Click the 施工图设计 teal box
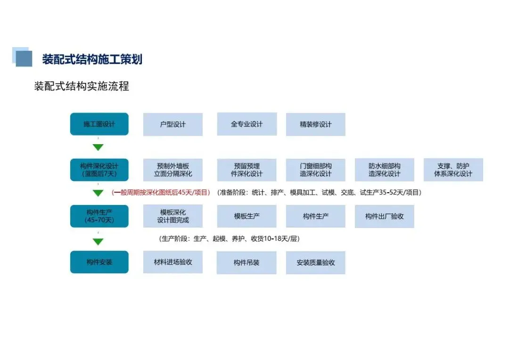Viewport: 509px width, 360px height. pos(99,124)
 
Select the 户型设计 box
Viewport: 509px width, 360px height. pos(173,124)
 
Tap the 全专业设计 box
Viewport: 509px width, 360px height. pos(246,124)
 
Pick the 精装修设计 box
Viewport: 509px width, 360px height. pos(315,124)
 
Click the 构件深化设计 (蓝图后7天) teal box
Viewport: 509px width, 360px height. pos(99,170)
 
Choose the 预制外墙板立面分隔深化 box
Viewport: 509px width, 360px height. pos(173,170)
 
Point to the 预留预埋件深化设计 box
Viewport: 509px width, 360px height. pos(246,170)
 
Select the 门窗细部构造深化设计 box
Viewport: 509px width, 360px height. pos(315,170)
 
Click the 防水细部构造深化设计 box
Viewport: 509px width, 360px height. pos(384,170)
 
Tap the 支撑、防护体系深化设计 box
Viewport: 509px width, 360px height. pos(453,170)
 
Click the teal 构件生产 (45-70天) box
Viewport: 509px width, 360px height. pos(99,216)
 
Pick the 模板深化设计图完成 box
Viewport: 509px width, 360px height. pos(173,216)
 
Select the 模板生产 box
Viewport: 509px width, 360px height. pos(246,216)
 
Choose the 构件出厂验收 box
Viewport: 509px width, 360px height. pos(384,216)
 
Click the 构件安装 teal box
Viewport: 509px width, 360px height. pos(99,262)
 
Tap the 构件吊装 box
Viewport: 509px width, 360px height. pos(246,262)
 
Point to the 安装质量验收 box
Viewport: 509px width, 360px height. pos(315,262)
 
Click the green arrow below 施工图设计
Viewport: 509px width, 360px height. pos(98,147)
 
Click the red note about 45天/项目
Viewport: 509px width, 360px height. pos(161,192)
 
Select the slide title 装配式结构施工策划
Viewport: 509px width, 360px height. pos(92,59)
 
